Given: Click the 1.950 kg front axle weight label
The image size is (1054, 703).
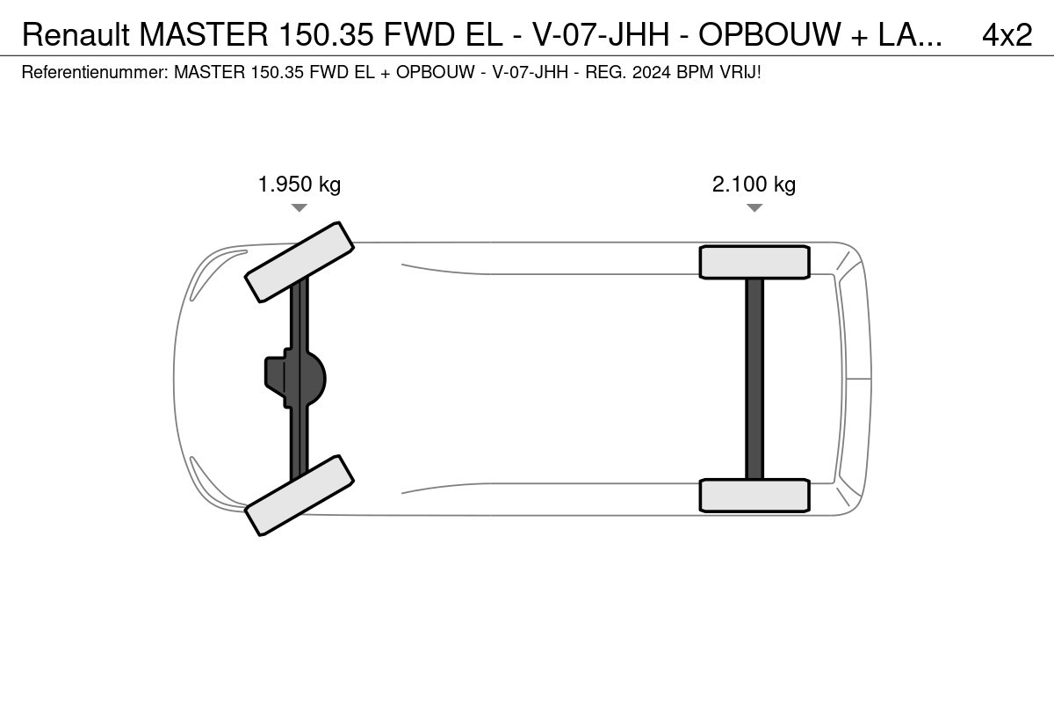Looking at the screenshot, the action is (300, 185).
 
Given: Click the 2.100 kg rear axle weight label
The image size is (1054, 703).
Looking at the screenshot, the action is (754, 185).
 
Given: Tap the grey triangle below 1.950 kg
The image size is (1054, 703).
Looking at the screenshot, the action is (300, 207).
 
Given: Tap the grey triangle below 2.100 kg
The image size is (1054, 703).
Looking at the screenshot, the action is (754, 207).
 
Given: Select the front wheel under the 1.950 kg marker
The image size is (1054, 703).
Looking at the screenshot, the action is (300, 262).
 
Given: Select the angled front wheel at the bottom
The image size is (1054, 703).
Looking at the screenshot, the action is (300, 496).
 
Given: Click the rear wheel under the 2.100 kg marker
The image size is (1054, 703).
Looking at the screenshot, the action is (754, 262).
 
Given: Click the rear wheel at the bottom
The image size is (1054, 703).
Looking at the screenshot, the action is (754, 496).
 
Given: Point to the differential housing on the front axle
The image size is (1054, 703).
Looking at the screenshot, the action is (295, 378).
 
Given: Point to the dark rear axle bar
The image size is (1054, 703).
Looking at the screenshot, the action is (754, 379).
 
